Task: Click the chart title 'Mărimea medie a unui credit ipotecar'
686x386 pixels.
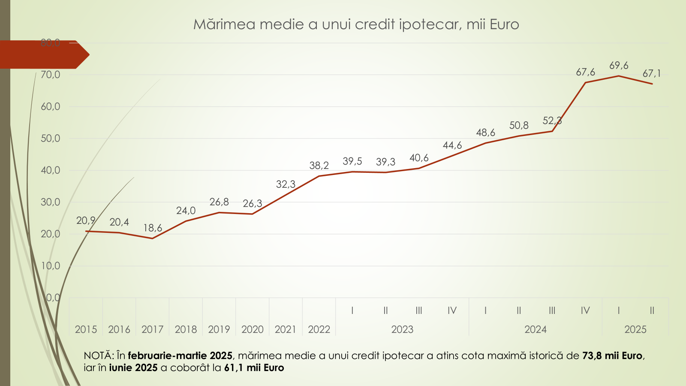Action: (356, 24)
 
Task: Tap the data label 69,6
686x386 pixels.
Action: (619, 66)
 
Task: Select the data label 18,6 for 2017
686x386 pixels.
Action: (153, 228)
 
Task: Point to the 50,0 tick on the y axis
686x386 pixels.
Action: (51, 139)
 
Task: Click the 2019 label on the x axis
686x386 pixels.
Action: (219, 329)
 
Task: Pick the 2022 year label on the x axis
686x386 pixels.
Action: (319, 329)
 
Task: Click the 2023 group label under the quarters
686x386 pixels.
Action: (402, 329)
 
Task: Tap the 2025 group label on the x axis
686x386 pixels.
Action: (635, 329)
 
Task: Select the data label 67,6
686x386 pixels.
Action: (585, 72)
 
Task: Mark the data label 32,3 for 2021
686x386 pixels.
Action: (286, 184)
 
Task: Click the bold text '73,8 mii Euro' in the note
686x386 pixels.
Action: (612, 356)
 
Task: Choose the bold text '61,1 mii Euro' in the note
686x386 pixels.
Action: (254, 368)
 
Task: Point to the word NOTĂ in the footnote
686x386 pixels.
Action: (98, 356)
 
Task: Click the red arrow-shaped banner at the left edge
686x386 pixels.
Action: (43, 54)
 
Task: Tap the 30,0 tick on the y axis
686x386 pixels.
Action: (51, 202)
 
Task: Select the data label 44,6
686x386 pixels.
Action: (452, 145)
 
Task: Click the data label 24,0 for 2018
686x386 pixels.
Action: (186, 211)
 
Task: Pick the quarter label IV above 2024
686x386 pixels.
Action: (585, 311)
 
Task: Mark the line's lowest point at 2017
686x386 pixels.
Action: (153, 238)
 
